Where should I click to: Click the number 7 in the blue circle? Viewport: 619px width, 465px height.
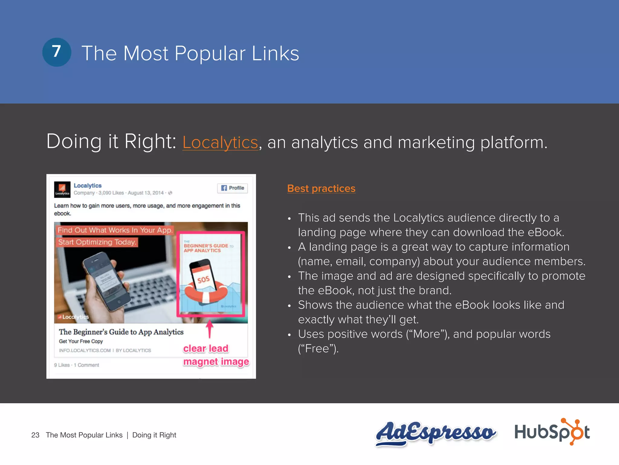coord(57,52)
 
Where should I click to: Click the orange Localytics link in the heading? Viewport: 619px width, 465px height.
coord(220,142)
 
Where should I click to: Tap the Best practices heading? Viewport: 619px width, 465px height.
coord(321,188)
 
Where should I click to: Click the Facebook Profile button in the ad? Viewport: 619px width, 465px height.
coord(232,188)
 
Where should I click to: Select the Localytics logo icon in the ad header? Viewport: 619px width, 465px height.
coord(62,190)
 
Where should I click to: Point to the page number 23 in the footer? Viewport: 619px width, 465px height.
coord(35,435)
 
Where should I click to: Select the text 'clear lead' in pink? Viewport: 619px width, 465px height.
coord(206,348)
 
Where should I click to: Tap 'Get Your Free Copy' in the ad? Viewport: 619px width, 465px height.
coord(81,341)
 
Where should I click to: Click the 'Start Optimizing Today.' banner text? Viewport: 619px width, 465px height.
coord(97,242)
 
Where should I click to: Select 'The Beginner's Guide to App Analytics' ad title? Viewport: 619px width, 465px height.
coord(121,332)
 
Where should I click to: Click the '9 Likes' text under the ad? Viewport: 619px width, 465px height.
coord(62,365)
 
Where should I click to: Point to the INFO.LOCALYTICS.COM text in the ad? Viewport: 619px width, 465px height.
coord(85,350)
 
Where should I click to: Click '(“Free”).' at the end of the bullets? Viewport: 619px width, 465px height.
coord(318,349)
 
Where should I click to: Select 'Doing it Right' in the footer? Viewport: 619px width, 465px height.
coord(154,435)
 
